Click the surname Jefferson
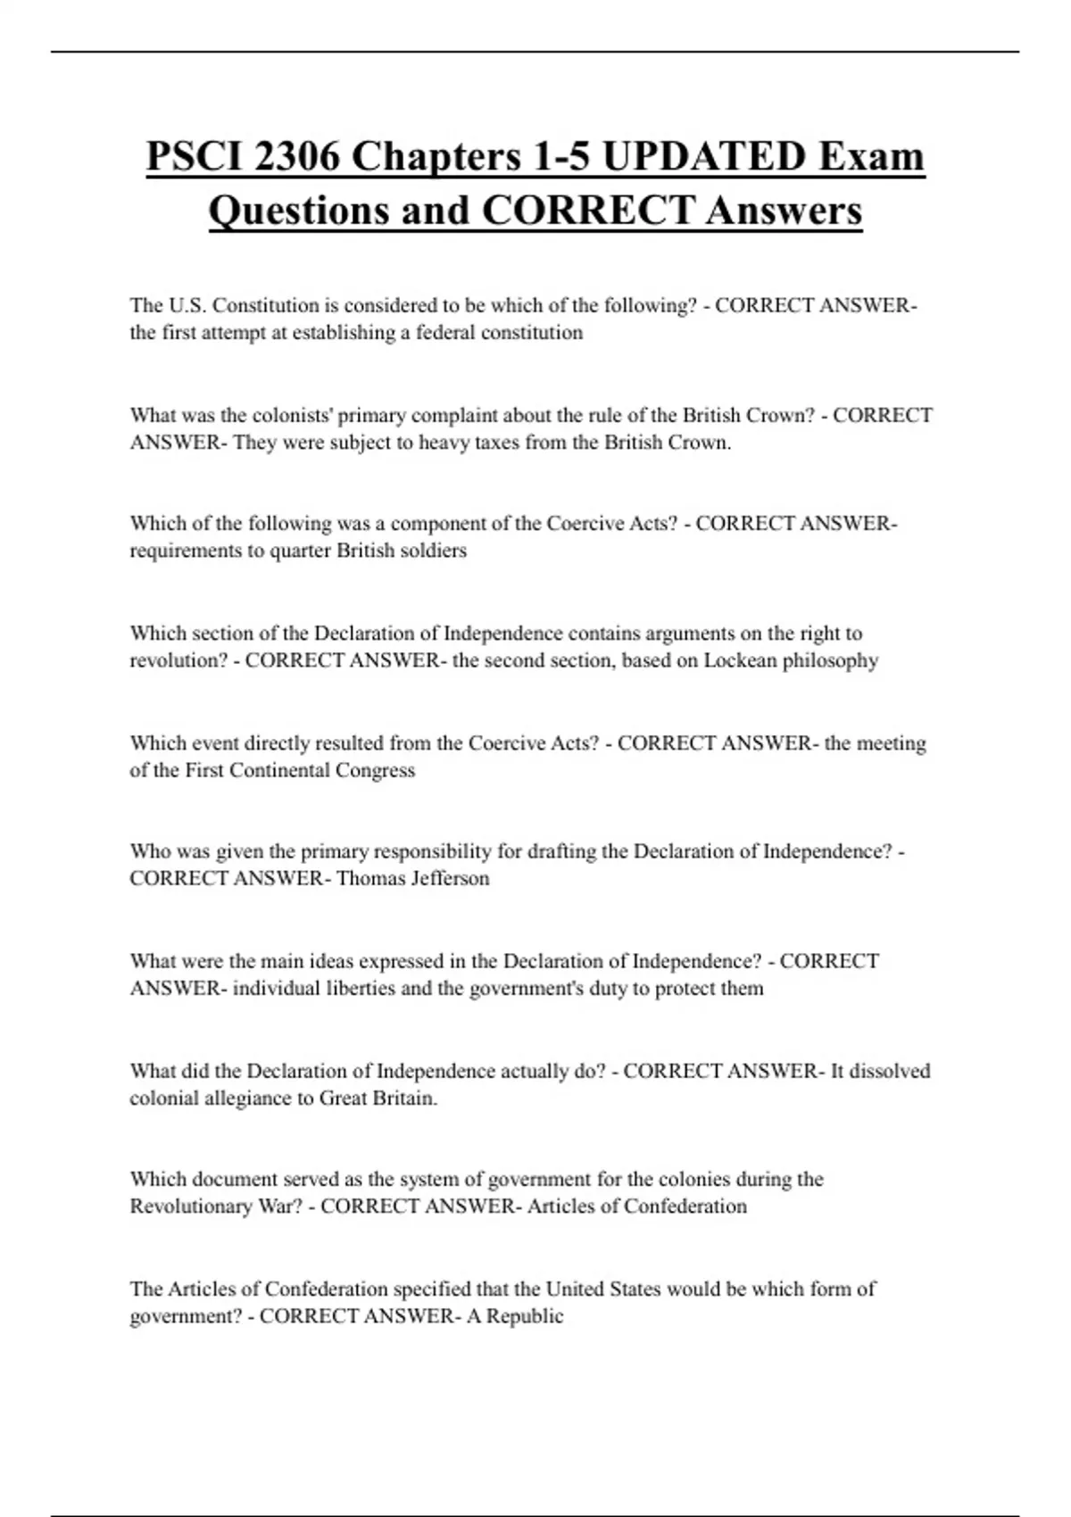[451, 878]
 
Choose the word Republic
[525, 1316]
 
